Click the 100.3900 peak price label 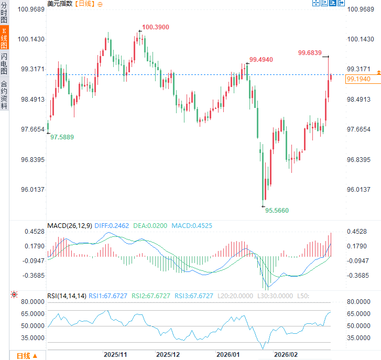pyautogui.click(x=155, y=27)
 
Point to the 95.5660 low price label pyautogui.click(x=277, y=210)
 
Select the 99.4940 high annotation pyautogui.click(x=261, y=60)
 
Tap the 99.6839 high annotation pyautogui.click(x=310, y=52)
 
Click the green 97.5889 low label pyautogui.click(x=62, y=137)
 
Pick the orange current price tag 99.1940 pyautogui.click(x=358, y=79)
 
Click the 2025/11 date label pyautogui.click(x=115, y=355)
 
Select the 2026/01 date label pyautogui.click(x=229, y=355)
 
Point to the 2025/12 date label pyautogui.click(x=168, y=355)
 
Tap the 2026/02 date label pyautogui.click(x=286, y=355)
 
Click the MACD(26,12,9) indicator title pyautogui.click(x=69, y=226)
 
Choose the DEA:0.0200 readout pyautogui.click(x=150, y=226)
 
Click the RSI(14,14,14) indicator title pyautogui.click(x=67, y=296)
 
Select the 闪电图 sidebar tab pyautogui.click(x=4, y=63)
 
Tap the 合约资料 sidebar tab pyautogui.click(x=4, y=94)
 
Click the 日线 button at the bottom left pyautogui.click(x=26, y=356)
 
